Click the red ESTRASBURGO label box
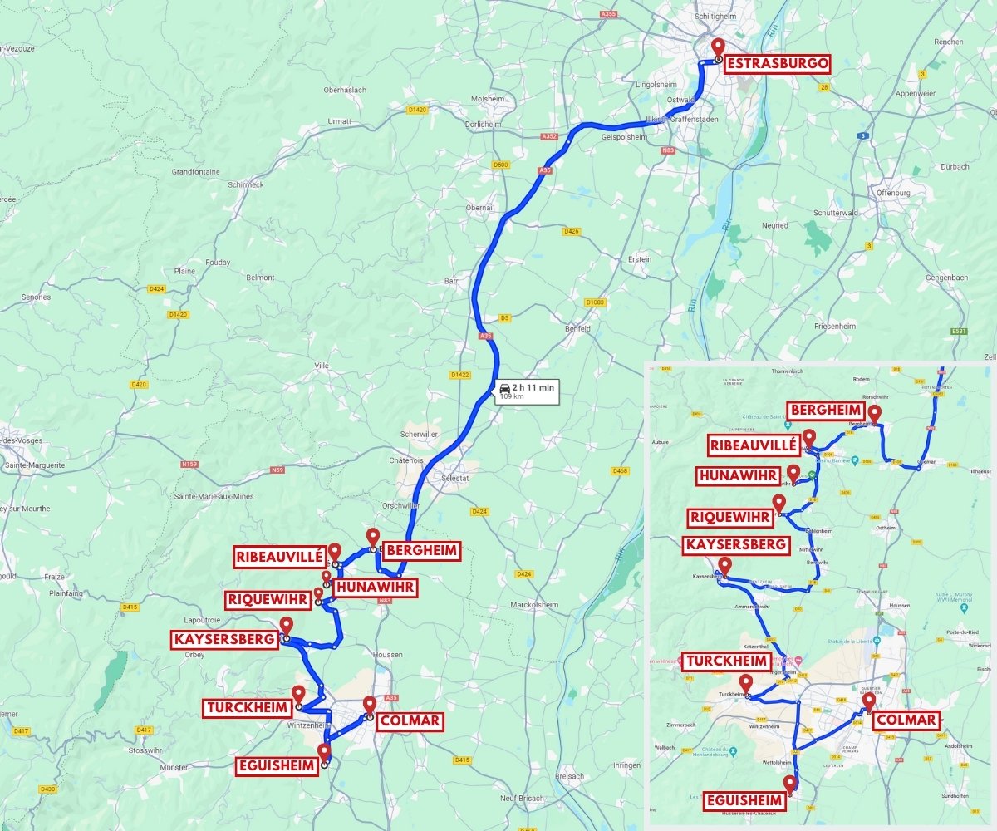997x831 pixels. point(777,64)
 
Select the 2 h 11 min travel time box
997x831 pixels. point(525,391)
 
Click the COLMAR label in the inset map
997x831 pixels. point(906,720)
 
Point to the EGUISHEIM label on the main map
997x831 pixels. point(277,766)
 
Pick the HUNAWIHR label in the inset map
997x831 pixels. point(739,476)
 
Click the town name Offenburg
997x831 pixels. point(892,193)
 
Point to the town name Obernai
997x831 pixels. point(479,208)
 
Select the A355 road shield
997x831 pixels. point(610,15)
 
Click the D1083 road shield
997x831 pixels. point(595,302)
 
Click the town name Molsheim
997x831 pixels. point(489,99)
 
